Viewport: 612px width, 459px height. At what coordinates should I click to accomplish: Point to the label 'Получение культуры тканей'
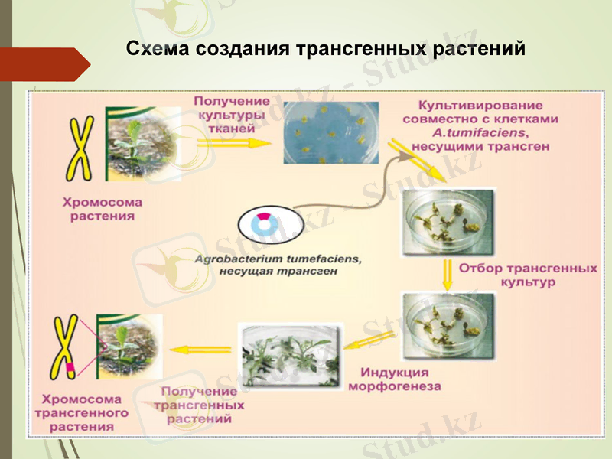[x=231, y=115]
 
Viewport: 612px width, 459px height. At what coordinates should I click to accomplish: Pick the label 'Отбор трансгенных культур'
[x=527, y=275]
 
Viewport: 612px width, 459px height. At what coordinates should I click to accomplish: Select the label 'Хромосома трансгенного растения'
[x=80, y=413]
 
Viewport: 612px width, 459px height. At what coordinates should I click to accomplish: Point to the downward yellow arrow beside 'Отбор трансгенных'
[x=445, y=272]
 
